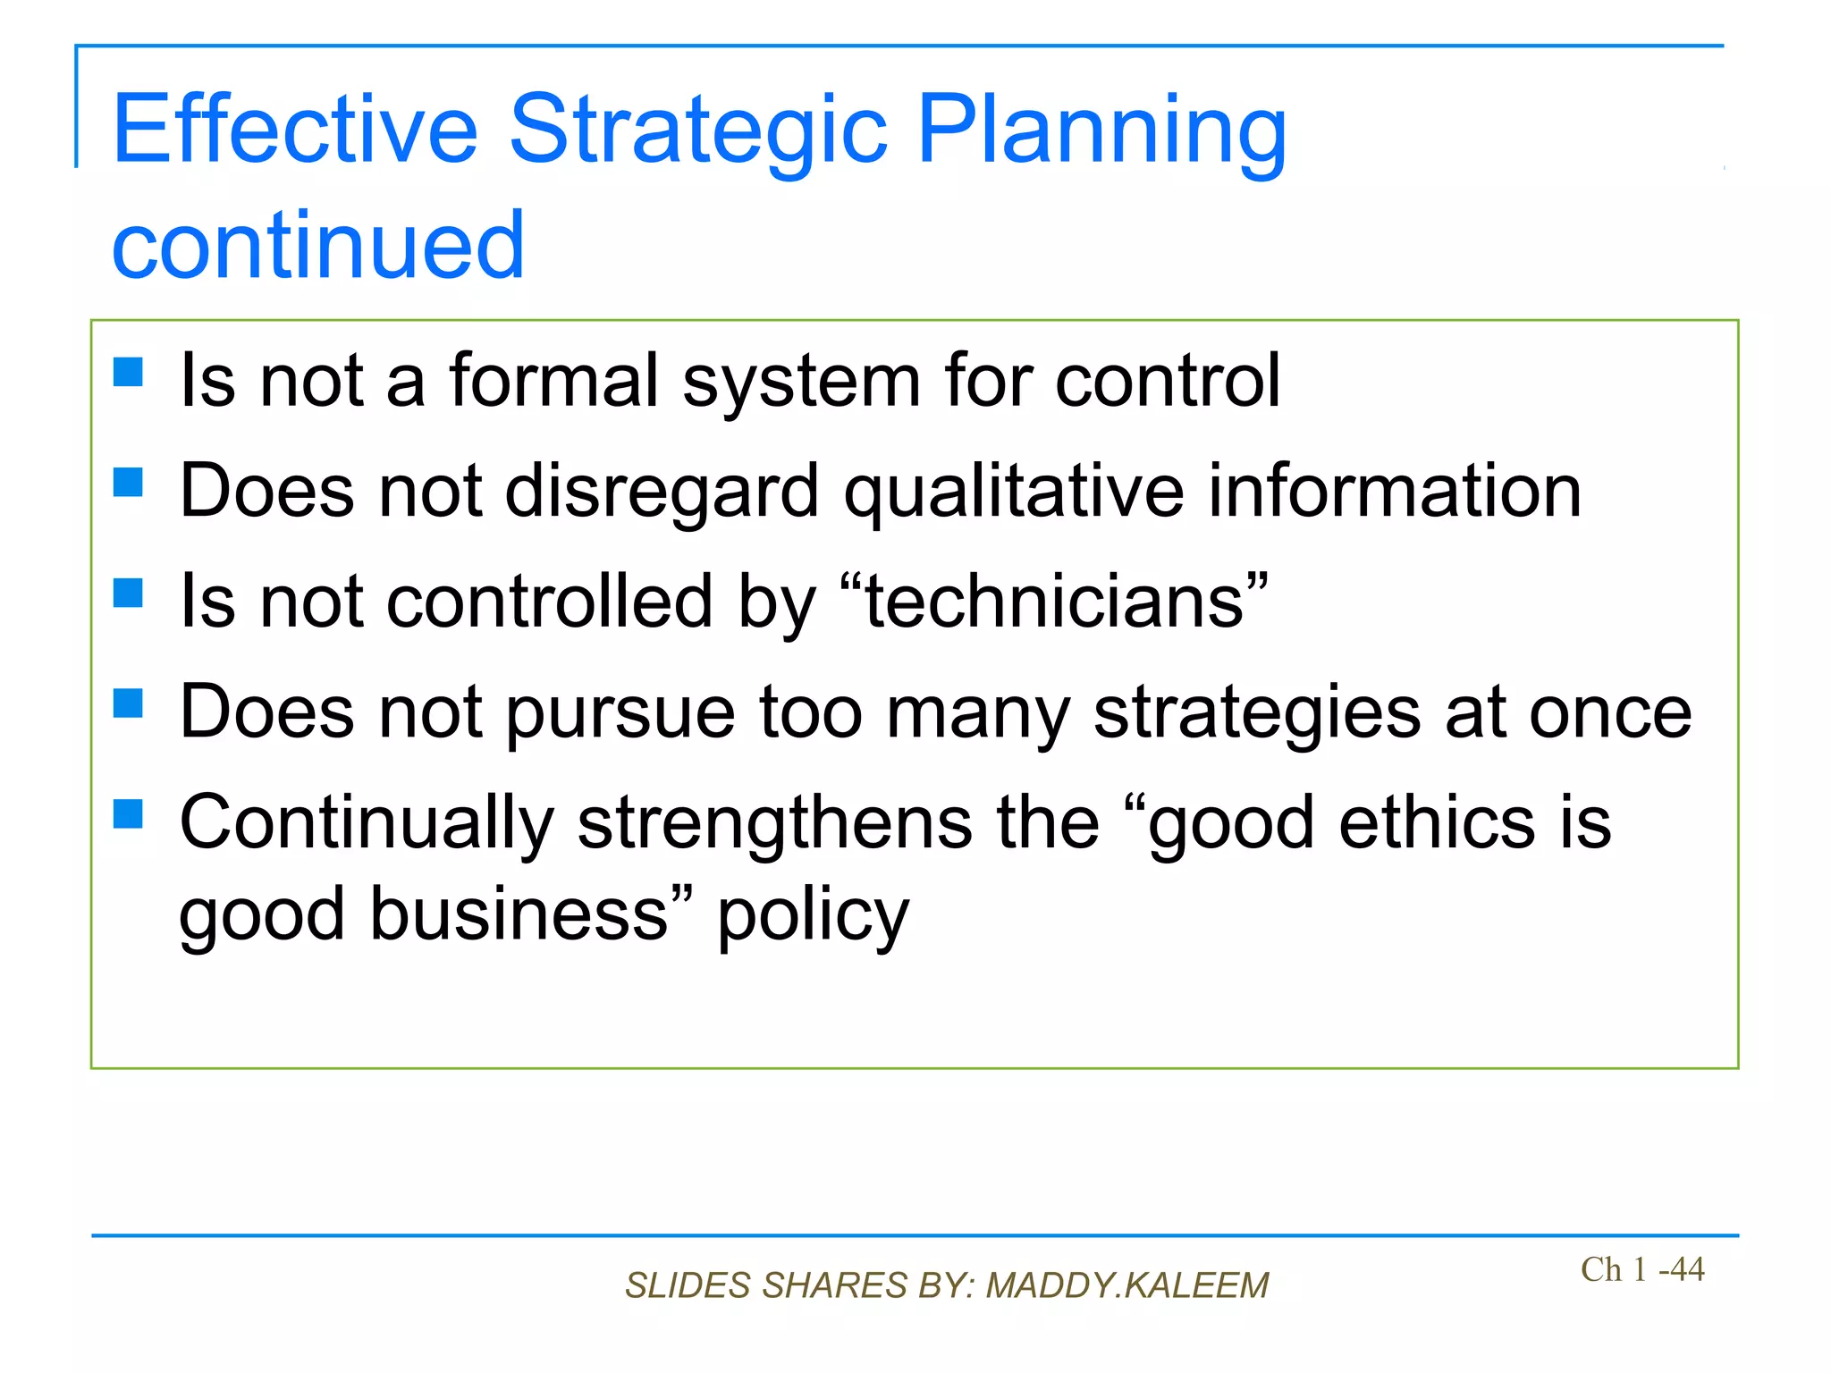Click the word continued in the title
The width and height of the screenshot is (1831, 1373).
pyautogui.click(x=317, y=245)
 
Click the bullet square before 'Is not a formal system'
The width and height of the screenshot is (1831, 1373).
pyautogui.click(x=129, y=372)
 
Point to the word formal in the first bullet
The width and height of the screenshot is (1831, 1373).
pyautogui.click(x=553, y=381)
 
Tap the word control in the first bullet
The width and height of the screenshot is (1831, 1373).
pyautogui.click(x=1167, y=381)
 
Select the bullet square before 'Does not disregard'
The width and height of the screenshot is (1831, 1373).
pyautogui.click(x=129, y=483)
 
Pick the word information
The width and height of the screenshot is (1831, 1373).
pyautogui.click(x=1395, y=492)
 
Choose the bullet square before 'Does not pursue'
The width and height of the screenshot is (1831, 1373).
pyautogui.click(x=129, y=703)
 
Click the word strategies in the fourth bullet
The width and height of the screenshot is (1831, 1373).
pyautogui.click(x=1257, y=712)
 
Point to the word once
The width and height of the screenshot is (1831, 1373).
pyautogui.click(x=1610, y=712)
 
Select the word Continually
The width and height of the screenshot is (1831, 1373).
pyautogui.click(x=367, y=823)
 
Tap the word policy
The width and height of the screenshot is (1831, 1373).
pyautogui.click(x=813, y=916)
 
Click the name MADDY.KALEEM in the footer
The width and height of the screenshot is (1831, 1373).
pyautogui.click(x=1126, y=1285)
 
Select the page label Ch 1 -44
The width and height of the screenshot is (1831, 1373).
pyautogui.click(x=1641, y=1269)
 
